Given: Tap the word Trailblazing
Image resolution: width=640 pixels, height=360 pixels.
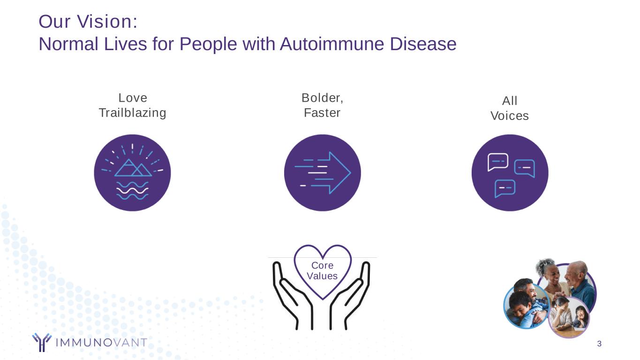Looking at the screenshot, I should coord(132,113).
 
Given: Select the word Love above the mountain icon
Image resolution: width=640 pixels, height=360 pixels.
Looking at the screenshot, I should coord(133,98).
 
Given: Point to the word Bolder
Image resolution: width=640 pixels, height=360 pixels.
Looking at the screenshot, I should coord(322,98).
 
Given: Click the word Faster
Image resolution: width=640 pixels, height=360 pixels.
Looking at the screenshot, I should coord(322,113).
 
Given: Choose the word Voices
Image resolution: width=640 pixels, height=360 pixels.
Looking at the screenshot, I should coord(510,116).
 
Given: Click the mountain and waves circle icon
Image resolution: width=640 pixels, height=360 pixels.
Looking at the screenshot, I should coord(132,173).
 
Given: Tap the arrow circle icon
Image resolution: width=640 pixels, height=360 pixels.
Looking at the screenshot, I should coord(323,173).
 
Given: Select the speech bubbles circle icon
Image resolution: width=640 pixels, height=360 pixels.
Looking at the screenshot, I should coord(510,173).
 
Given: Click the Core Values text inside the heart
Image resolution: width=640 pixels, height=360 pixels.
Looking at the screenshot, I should coord(322,271).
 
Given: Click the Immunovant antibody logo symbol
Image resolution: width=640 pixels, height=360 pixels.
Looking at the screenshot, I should coord(42,342).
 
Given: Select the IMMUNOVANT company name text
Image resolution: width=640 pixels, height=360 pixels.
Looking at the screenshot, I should coord(101,343).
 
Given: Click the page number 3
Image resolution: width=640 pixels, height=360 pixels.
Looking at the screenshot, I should coord(599,345).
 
